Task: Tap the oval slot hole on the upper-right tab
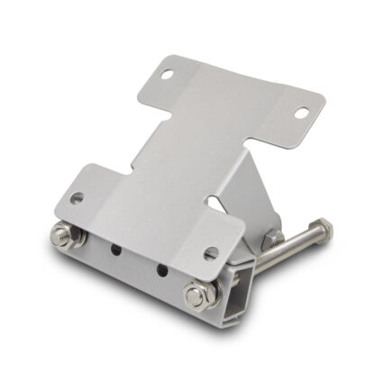point(301,114)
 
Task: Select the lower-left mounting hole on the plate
point(78,197)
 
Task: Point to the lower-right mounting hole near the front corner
point(211,253)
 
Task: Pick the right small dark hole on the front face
point(160,269)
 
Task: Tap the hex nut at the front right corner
point(199,295)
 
